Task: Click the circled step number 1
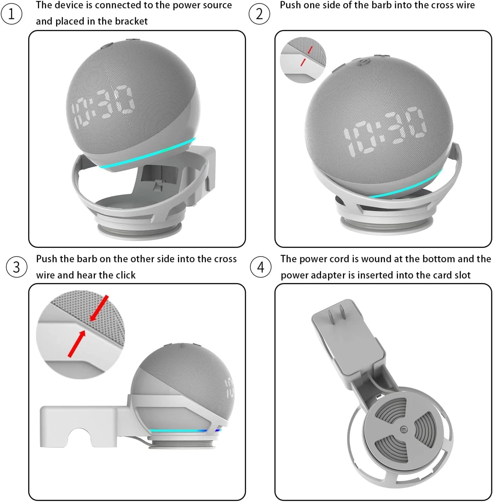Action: click(x=12, y=14)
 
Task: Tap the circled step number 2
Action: click(x=259, y=14)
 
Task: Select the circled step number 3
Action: click(x=17, y=267)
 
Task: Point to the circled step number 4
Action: click(x=260, y=267)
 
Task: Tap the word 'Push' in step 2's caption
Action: click(x=291, y=5)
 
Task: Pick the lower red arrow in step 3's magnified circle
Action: click(x=77, y=344)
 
